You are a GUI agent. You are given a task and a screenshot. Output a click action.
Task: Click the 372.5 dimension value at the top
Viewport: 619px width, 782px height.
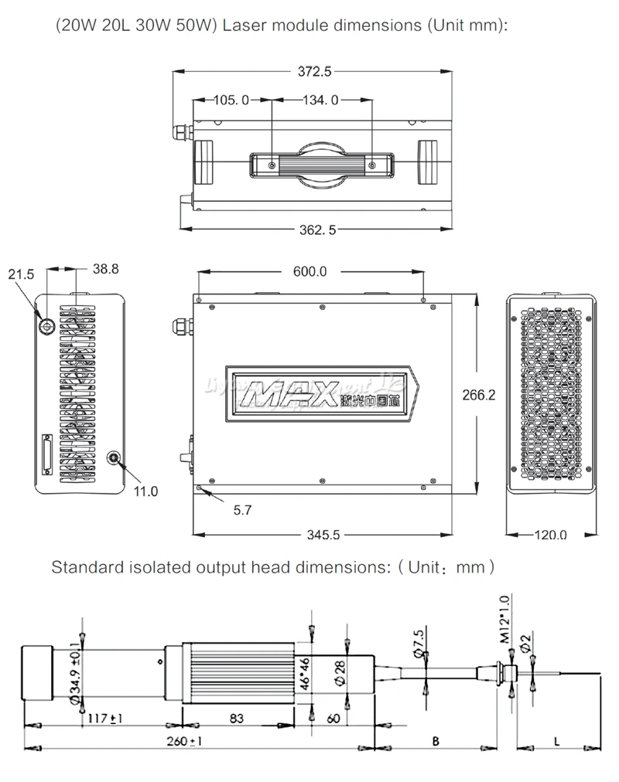(x=315, y=72)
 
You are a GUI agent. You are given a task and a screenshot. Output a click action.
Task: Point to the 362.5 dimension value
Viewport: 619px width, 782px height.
(x=315, y=229)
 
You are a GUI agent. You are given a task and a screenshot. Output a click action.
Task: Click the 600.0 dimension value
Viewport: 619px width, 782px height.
(x=309, y=271)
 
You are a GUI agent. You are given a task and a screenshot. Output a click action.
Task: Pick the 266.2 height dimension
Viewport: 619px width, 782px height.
(x=478, y=394)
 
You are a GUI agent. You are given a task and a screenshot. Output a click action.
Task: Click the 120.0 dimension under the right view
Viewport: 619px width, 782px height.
(x=550, y=535)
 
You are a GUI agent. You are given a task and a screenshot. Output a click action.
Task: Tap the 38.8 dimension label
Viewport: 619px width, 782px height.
(x=105, y=270)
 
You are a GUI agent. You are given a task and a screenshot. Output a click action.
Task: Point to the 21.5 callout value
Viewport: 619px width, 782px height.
(x=21, y=274)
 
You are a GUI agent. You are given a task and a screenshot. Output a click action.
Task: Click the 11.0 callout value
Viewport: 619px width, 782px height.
(x=146, y=491)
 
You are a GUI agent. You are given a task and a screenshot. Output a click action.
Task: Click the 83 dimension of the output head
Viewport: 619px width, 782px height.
(x=237, y=718)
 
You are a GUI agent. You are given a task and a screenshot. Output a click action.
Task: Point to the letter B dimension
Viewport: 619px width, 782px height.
(x=436, y=740)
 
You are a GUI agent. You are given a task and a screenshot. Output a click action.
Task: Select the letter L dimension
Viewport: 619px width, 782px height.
(x=557, y=740)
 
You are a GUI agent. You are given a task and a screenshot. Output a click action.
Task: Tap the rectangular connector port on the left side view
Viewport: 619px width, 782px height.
(x=46, y=456)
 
